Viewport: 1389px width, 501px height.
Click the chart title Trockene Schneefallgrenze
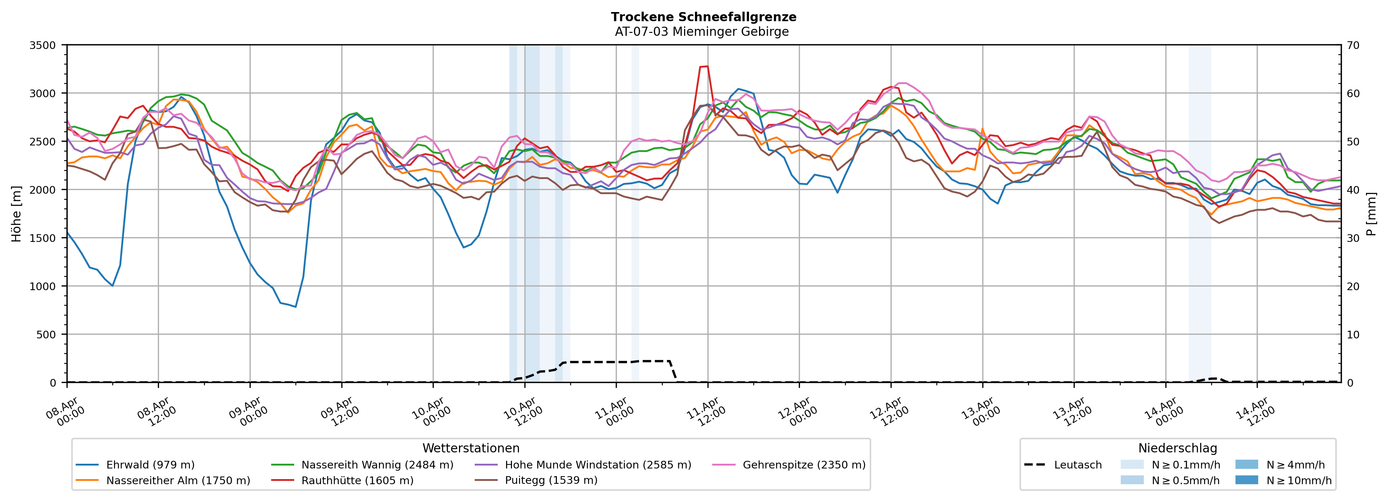(703, 17)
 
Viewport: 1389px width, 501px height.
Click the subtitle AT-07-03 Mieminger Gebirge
(702, 32)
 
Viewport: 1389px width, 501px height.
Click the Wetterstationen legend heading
(471, 448)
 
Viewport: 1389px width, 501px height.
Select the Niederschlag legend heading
(1177, 448)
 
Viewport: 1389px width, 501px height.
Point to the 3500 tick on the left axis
(43, 45)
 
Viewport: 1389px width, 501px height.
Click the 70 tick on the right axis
(1353, 45)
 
